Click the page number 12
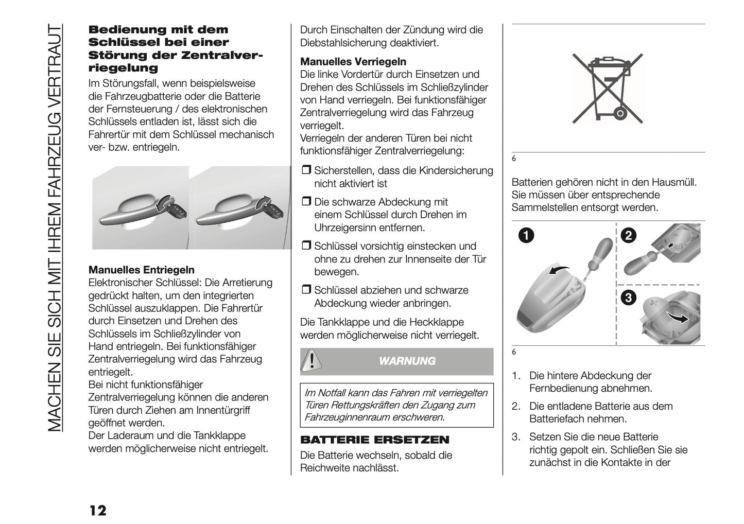(97, 510)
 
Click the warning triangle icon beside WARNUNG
(311, 360)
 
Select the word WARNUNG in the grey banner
(407, 361)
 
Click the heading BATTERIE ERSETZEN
(374, 440)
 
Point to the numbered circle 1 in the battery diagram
(525, 236)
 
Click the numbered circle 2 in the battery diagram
(629, 236)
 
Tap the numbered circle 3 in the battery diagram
(629, 298)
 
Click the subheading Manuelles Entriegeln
(142, 270)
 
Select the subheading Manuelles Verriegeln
(353, 62)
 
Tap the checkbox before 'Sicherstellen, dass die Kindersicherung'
(306, 171)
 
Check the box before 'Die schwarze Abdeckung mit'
(306, 202)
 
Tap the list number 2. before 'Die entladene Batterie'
(516, 407)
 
